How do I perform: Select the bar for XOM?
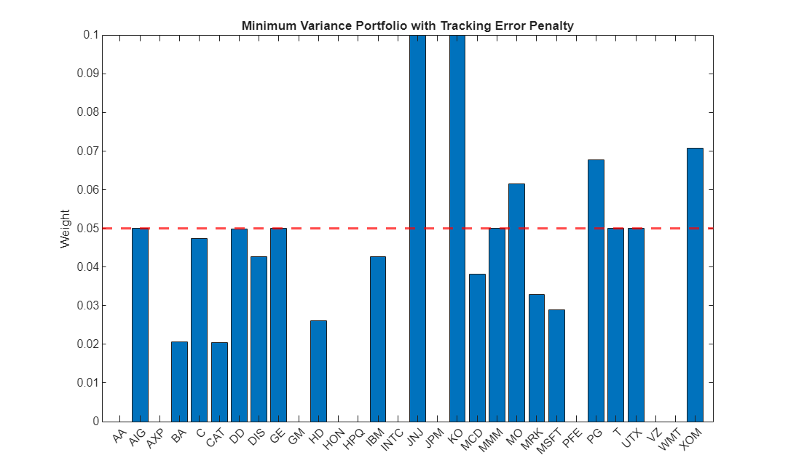pos(695,285)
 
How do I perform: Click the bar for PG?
pos(596,291)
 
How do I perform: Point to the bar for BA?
pos(179,382)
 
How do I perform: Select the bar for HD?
pos(318,371)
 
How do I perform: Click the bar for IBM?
pos(378,339)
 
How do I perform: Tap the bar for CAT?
pos(219,382)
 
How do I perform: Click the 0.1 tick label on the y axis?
pos(90,35)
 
